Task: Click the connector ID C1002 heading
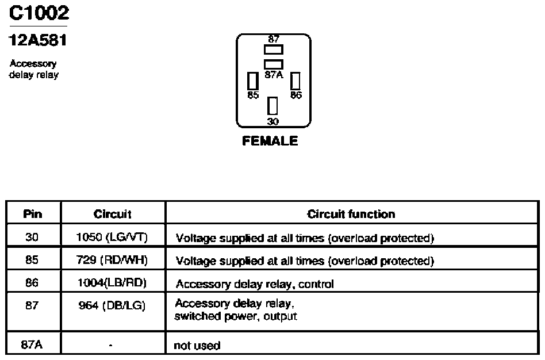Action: tap(39, 13)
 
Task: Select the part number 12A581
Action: tap(37, 40)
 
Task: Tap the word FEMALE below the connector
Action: tap(270, 141)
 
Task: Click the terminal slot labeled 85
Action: tap(253, 81)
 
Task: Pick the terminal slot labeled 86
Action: tap(295, 81)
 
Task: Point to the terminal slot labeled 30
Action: tap(272, 106)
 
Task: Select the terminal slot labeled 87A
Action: tap(274, 64)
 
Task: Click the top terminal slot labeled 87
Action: tap(274, 49)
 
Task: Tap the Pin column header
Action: tap(33, 214)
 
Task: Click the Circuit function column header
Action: tap(351, 214)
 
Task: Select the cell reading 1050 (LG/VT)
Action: tap(112, 237)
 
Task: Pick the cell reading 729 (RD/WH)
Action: tap(112, 260)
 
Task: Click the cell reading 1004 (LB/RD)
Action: tap(112, 283)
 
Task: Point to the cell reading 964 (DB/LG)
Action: tap(112, 305)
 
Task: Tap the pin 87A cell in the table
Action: tap(32, 344)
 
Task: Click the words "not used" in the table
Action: tap(197, 346)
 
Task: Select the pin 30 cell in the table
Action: tap(32, 237)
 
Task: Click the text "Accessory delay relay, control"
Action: tap(255, 284)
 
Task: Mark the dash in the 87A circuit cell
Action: tap(110, 346)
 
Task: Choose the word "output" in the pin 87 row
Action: tap(280, 316)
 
